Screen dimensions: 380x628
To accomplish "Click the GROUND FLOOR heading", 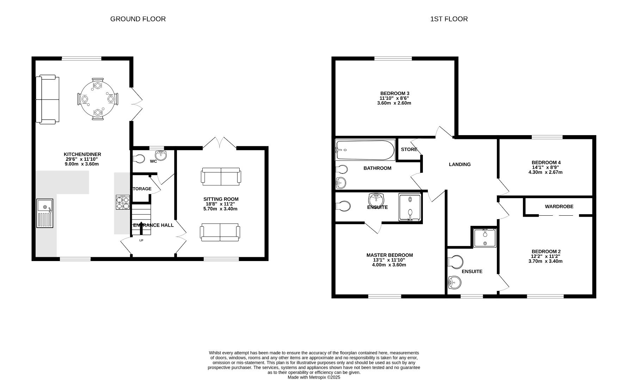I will coord(138,19).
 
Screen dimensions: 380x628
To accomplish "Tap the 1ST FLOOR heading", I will coord(449,19).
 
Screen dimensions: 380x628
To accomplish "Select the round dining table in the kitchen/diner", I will coord(98,99).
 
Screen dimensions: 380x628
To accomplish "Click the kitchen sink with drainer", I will coord(45,213).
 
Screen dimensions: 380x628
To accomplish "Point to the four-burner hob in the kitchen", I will coord(123,203).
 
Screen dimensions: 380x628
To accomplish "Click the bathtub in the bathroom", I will coord(365,150).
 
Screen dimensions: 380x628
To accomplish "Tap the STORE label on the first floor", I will coord(409,150).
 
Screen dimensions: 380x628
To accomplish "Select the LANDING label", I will coord(460,164).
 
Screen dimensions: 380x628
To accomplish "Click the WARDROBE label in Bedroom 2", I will coord(559,207).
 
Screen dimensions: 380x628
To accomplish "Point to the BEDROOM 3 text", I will coord(394,93).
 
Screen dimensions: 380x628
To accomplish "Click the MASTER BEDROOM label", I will coord(389,255).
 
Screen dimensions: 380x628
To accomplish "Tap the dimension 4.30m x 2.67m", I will coord(545,172).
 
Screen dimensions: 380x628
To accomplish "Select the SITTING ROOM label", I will coord(221,199).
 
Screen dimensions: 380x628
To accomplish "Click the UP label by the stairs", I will coord(141,241).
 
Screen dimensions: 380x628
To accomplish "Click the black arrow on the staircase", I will coord(141,228).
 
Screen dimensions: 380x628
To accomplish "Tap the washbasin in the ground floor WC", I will coord(162,155).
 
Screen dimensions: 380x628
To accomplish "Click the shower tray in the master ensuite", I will coord(410,207).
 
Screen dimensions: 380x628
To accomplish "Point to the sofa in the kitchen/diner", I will coord(48,99).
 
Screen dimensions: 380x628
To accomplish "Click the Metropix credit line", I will coord(314,377).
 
